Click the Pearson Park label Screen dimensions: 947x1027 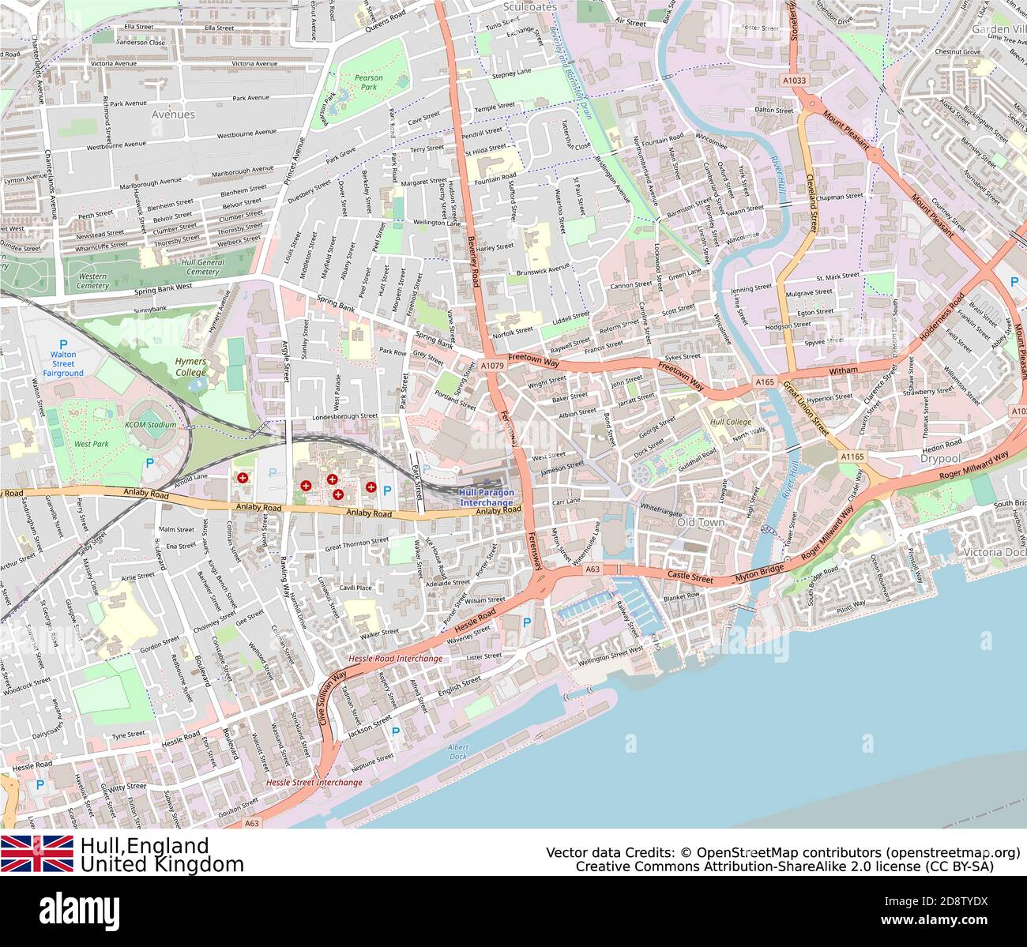pos(368,83)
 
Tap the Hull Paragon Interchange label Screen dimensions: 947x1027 pos(487,498)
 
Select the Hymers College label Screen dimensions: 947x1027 pos(190,366)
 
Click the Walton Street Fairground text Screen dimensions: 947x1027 pos(63,363)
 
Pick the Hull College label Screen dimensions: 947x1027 pos(731,423)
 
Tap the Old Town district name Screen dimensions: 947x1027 pos(700,523)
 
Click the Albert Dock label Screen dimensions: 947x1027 pos(457,751)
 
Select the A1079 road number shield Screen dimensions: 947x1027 pos(491,366)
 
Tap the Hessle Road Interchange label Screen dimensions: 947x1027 pos(395,658)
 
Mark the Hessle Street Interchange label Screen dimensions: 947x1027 pos(314,782)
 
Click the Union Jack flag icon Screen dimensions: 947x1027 pos(37,854)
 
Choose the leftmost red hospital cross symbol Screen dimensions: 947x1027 pos(243,477)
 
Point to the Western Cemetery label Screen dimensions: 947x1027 pos(92,281)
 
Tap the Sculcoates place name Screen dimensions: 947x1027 pos(530,6)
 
